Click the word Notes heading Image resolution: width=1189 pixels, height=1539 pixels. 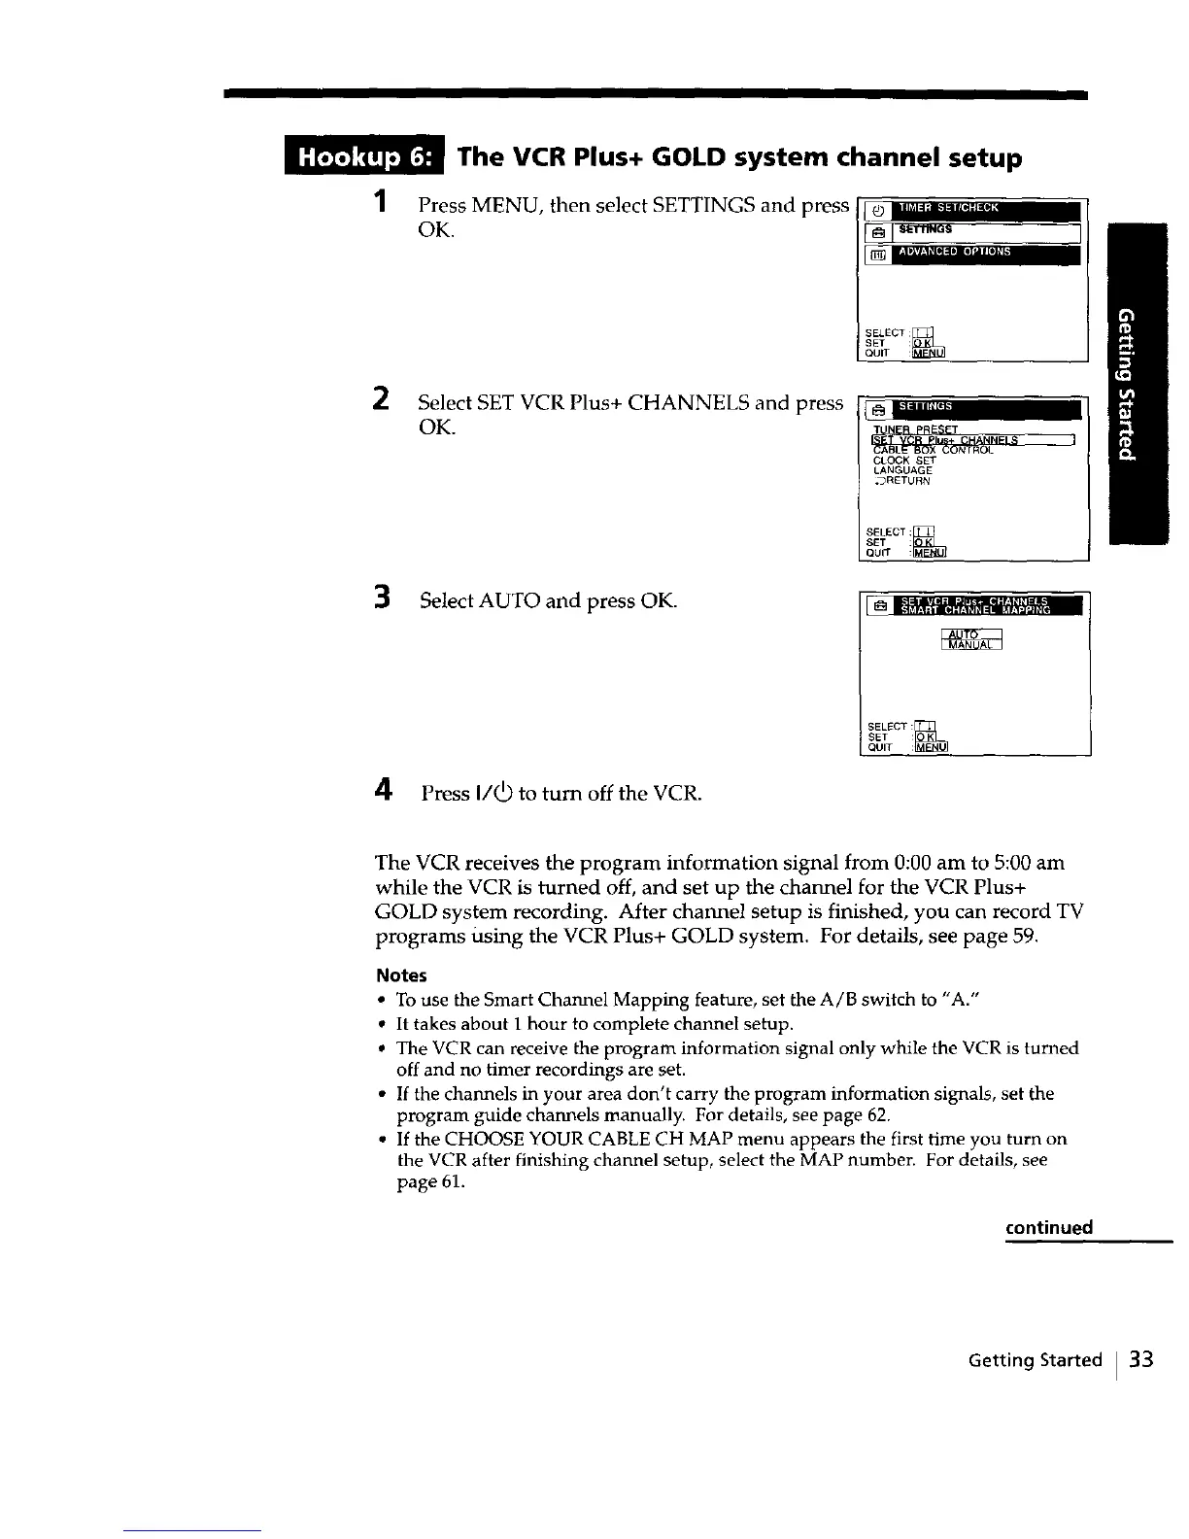[401, 975]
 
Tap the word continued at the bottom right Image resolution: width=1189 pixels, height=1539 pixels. [1049, 1227]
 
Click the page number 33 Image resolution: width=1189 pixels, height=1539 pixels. [1141, 1359]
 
